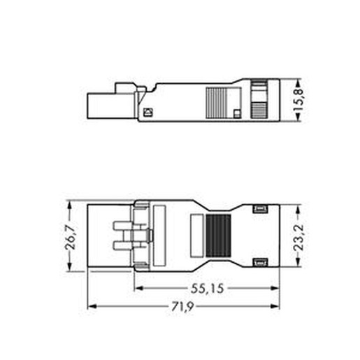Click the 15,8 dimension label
coord(298,100)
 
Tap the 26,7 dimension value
coord(71,238)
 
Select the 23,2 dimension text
coord(298,238)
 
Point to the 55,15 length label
coord(208,289)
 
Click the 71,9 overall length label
coord(182,306)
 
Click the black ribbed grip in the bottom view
coord(218,236)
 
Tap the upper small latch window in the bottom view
coord(261,208)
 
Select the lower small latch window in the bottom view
coord(261,262)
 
